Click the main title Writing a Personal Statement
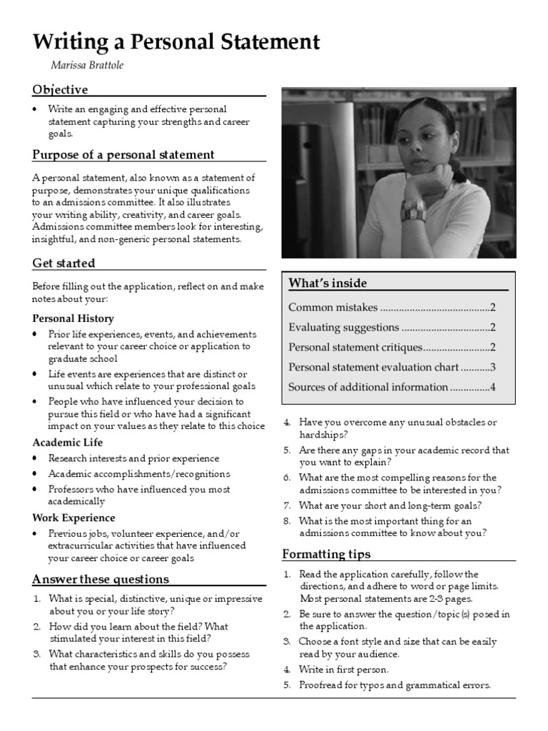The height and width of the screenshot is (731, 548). click(176, 42)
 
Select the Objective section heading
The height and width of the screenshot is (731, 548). click(60, 89)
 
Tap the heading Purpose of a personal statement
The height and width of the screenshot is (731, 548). click(123, 155)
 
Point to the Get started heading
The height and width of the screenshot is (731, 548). click(64, 263)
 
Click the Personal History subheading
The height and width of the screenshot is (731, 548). click(73, 318)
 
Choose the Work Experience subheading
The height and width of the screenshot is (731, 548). click(73, 518)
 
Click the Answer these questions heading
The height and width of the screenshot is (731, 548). click(101, 579)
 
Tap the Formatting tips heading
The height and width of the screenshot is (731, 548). click(326, 554)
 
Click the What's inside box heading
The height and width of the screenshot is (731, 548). click(328, 283)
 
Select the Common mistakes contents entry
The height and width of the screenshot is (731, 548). click(333, 308)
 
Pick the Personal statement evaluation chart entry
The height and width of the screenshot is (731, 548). click(373, 367)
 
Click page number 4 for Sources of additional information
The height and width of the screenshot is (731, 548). click(492, 387)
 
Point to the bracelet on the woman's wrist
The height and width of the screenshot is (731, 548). click(414, 209)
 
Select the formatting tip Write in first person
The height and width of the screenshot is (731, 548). click(344, 670)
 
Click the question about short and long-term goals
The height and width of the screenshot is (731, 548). click(390, 505)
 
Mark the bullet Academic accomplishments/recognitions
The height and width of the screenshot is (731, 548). click(139, 474)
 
